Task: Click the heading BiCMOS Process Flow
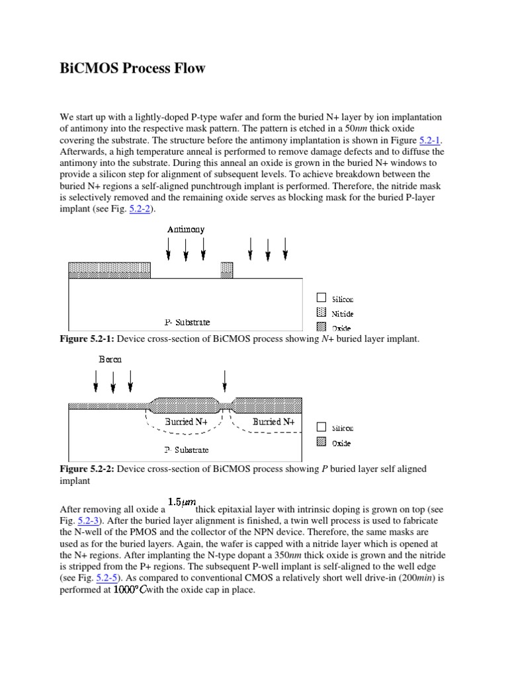click(x=132, y=69)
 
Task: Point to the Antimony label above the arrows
click(x=186, y=229)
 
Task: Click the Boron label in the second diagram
click(x=110, y=360)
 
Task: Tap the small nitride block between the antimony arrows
click(x=227, y=270)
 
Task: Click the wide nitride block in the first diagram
click(x=110, y=270)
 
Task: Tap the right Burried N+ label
click(x=273, y=421)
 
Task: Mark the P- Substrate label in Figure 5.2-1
click(x=187, y=323)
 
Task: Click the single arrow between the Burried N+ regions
click(x=226, y=382)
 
